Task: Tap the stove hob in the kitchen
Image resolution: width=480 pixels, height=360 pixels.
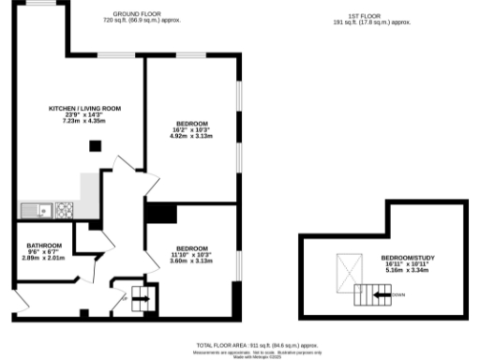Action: pos(65,208)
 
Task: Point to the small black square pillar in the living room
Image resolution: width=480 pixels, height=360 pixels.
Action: pos(95,145)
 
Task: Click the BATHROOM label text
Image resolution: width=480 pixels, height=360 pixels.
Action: pos(44,245)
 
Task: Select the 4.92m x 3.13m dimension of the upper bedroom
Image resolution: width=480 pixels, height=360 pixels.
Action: pos(191,137)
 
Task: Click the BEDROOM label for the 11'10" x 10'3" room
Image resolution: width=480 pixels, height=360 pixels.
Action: pos(191,248)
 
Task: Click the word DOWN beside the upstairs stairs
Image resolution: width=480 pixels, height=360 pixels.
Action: pos(399,294)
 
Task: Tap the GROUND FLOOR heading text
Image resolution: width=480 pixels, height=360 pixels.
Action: pos(133,15)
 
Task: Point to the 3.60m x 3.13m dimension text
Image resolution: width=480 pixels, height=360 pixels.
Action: pos(191,261)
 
